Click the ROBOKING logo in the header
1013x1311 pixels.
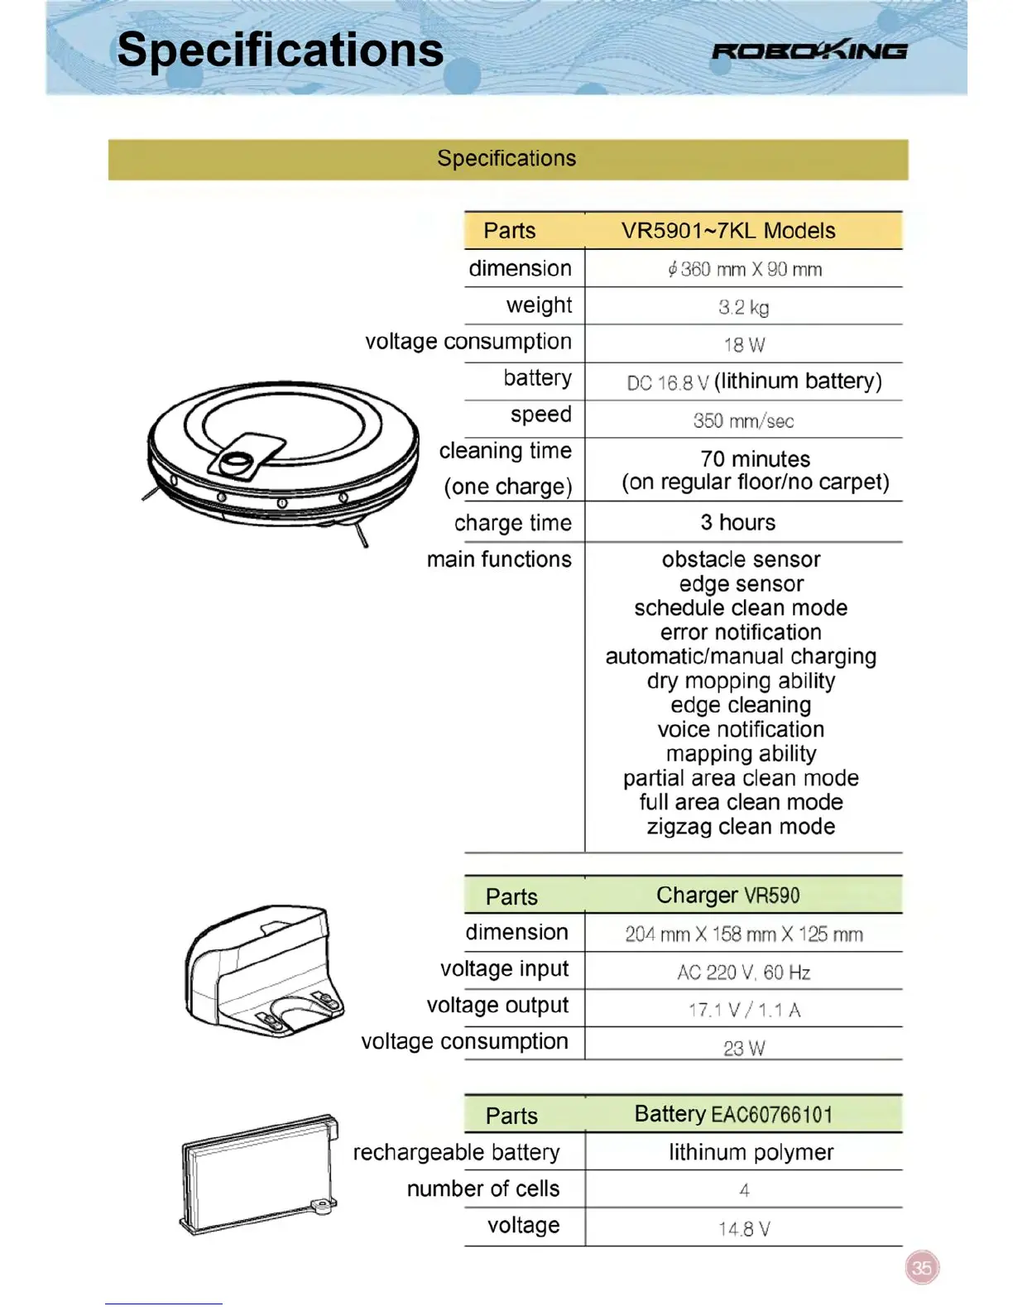(809, 51)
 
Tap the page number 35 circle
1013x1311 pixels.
(922, 1267)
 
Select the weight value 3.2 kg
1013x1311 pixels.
(743, 307)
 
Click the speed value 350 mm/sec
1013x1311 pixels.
(743, 420)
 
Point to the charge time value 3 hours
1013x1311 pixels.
(737, 522)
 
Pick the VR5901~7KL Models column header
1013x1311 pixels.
(728, 231)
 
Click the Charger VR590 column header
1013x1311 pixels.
(728, 896)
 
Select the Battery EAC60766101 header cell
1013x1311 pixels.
(733, 1114)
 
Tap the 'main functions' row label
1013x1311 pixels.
(499, 559)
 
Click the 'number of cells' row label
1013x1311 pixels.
(483, 1189)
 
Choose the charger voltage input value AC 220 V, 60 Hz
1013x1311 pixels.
(743, 972)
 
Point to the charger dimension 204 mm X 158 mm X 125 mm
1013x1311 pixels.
(743, 934)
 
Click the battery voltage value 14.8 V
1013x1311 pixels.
(743, 1228)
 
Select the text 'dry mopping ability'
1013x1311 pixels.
(741, 680)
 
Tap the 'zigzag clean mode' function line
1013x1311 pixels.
(741, 826)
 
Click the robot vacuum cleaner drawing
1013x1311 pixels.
(281, 455)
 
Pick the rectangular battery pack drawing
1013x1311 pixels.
(259, 1175)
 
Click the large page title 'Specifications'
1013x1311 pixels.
(280, 50)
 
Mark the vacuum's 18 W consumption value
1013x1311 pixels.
(743, 344)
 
